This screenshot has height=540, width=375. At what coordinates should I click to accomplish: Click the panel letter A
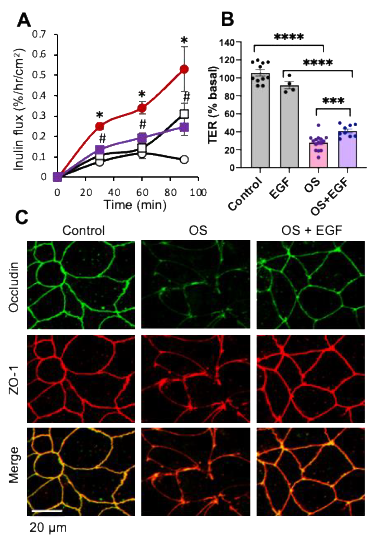(x=24, y=20)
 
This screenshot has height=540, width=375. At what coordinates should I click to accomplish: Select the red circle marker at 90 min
(x=184, y=69)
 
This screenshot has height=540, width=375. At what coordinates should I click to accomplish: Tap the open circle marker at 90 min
(x=184, y=160)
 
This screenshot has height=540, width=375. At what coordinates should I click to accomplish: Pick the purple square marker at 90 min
(x=184, y=127)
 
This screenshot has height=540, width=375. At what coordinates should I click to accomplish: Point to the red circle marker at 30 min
(x=100, y=126)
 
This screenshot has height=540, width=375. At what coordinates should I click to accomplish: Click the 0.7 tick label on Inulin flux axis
(x=39, y=34)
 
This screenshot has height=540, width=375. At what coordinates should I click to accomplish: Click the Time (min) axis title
(x=135, y=205)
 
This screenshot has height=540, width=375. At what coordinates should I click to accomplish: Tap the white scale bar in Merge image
(x=47, y=511)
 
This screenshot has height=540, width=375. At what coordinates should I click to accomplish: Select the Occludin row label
(x=14, y=287)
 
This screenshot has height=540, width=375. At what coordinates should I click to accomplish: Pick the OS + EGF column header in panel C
(x=311, y=231)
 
